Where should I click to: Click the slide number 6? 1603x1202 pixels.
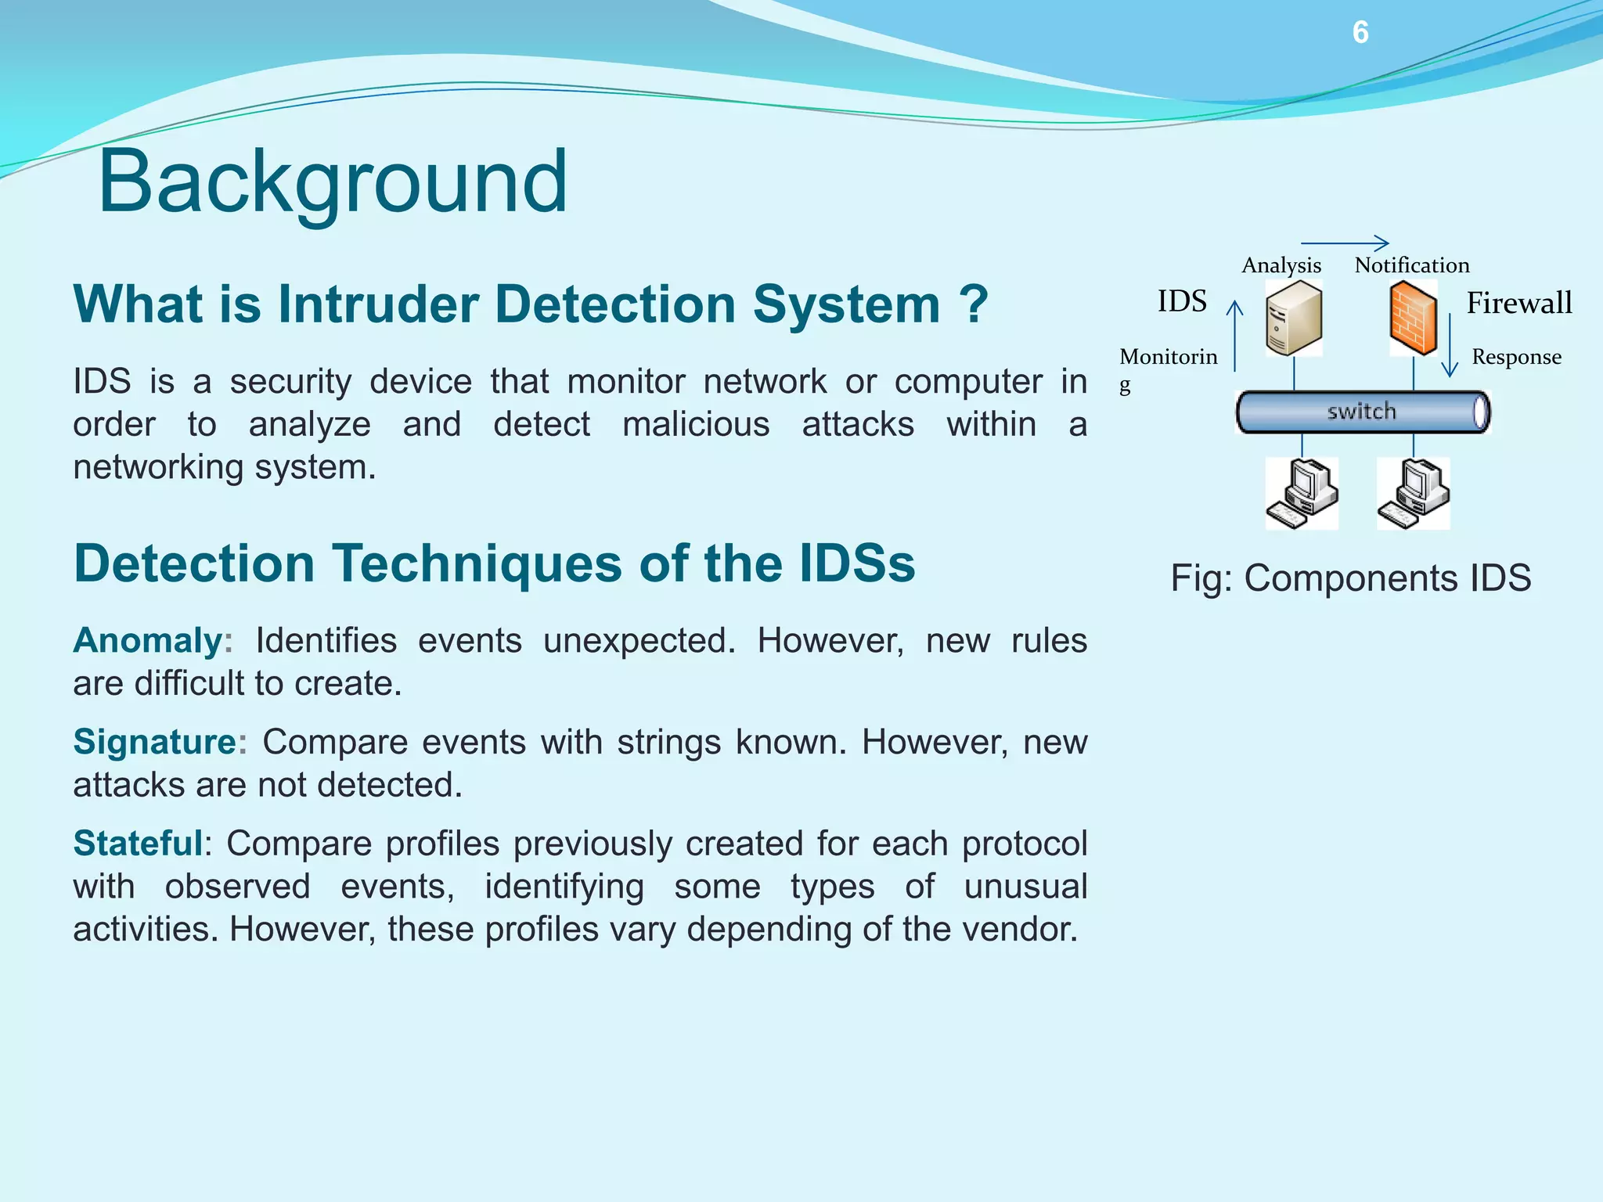1360,32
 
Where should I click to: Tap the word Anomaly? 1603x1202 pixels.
148,640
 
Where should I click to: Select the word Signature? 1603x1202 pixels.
155,741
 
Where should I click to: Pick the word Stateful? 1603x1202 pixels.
138,843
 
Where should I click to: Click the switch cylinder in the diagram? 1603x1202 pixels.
1362,412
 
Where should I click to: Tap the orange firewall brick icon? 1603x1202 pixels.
1414,318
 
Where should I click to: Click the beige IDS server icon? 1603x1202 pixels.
1294,318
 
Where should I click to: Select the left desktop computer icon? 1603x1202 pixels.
1302,494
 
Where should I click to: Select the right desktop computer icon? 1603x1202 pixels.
1414,494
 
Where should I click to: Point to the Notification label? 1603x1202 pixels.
1412,265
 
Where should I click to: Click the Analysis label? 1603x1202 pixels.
1281,265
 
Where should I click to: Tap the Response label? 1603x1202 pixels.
1516,357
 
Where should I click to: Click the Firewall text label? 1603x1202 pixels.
1518,303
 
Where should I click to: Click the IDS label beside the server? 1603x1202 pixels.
1182,301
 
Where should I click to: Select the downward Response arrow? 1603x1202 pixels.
1450,344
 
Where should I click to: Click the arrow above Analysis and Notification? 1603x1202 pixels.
1345,243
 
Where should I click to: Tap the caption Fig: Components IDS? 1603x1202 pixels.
1350,578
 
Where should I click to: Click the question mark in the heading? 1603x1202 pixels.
974,304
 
